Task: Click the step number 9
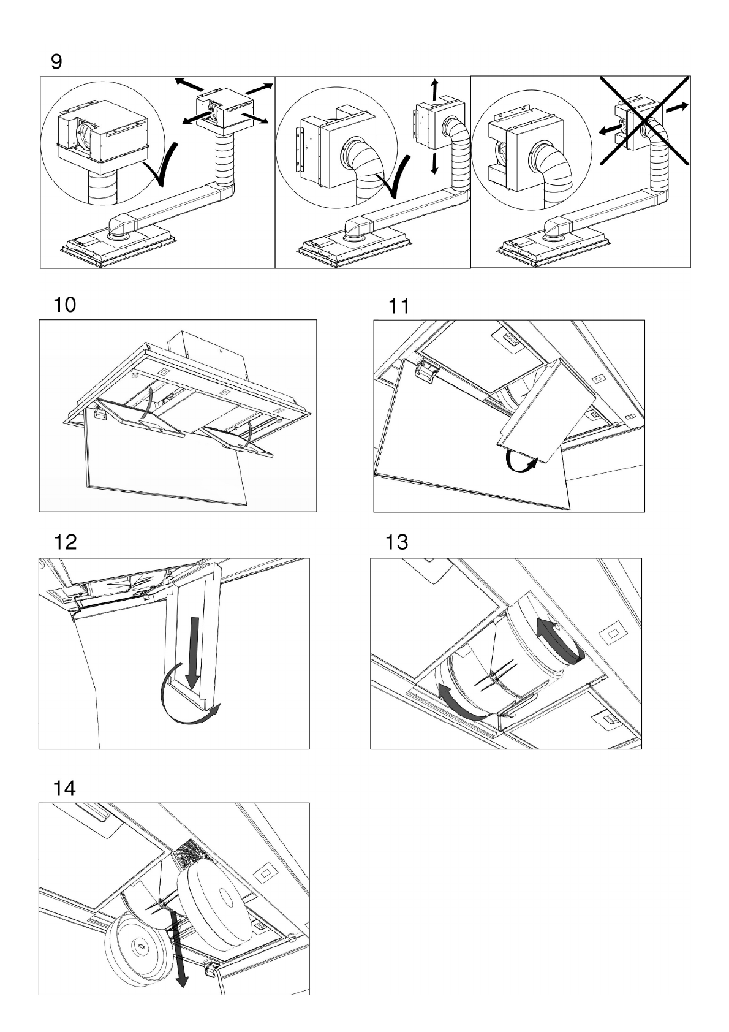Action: click(x=56, y=62)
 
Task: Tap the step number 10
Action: click(x=65, y=305)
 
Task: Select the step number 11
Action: click(x=399, y=306)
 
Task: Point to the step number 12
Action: click(x=65, y=542)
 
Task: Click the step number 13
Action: click(x=397, y=542)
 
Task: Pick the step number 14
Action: click(x=64, y=787)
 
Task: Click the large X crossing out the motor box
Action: click(x=644, y=121)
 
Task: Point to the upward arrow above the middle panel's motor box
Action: click(x=435, y=89)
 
